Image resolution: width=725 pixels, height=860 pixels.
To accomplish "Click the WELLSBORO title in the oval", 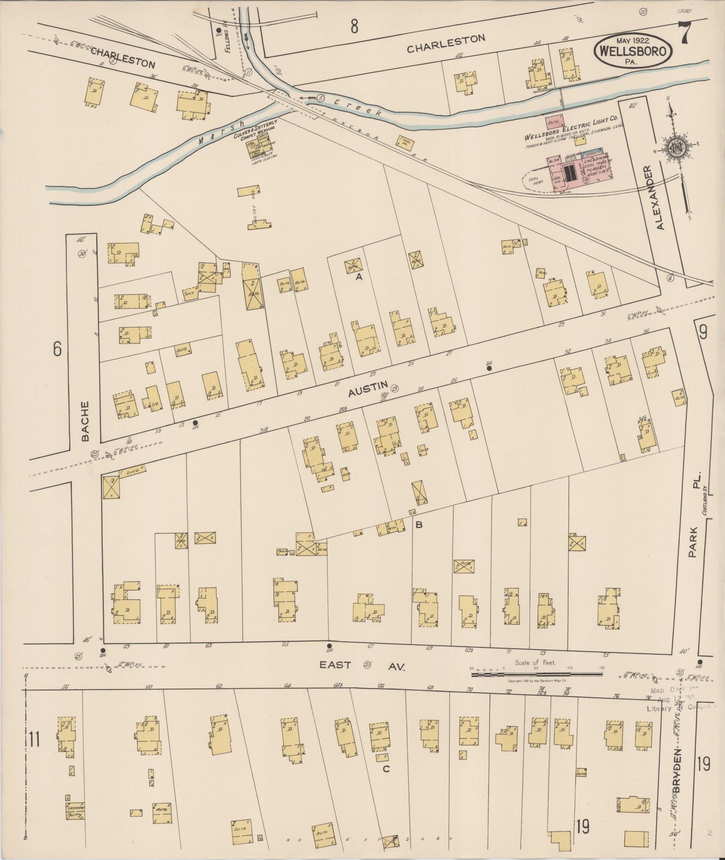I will click(x=632, y=52).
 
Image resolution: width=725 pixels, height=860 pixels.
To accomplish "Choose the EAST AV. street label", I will click(x=362, y=665).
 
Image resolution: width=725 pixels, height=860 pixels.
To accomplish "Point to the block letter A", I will click(x=359, y=276).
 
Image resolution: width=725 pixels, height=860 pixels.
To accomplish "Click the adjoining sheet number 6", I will click(x=57, y=349).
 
